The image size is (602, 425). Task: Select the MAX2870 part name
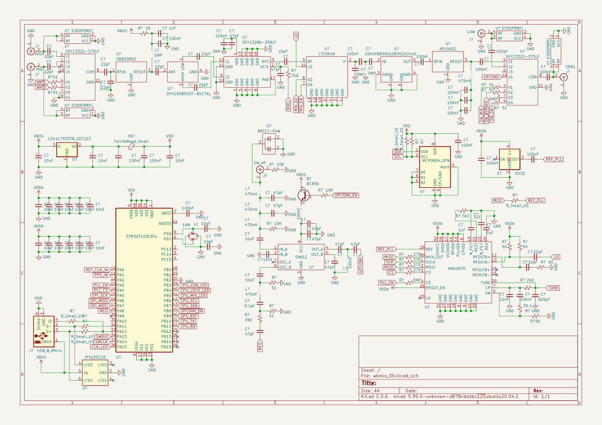click(457, 268)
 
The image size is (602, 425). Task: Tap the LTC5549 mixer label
click(326, 54)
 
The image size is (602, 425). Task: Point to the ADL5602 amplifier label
click(447, 49)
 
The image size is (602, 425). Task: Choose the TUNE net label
click(553, 287)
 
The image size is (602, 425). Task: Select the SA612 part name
click(301, 257)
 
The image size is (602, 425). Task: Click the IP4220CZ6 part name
click(95, 357)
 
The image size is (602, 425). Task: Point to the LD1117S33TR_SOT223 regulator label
click(69, 139)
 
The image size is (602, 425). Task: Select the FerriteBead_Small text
click(131, 141)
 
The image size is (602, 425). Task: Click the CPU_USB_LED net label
click(194, 285)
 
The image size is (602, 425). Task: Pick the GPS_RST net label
click(188, 316)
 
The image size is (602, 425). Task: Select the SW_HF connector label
click(260, 163)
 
